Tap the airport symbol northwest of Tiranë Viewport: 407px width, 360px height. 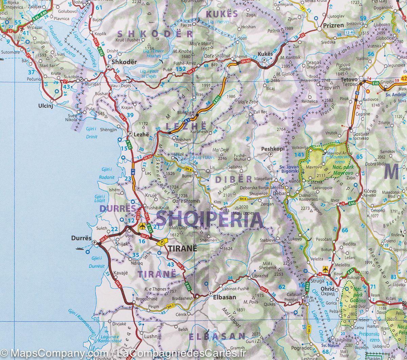click(x=142, y=226)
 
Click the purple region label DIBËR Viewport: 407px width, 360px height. click(x=234, y=179)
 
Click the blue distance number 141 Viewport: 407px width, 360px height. click(x=299, y=155)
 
